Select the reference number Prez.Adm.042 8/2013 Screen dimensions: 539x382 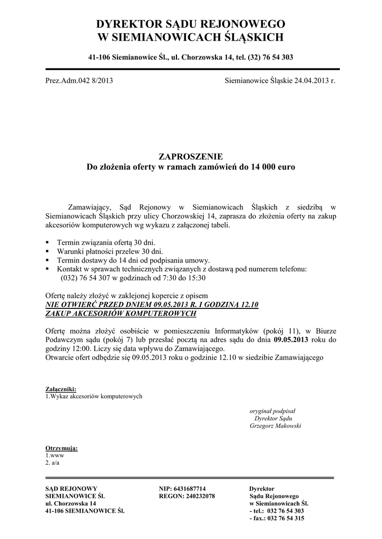click(x=79, y=81)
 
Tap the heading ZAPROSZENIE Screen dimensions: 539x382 click(x=191, y=156)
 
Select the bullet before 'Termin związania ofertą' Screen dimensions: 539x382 click(x=47, y=242)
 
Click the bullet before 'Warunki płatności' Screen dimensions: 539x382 click(x=47, y=251)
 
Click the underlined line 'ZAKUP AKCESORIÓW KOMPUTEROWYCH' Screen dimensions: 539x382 click(x=121, y=314)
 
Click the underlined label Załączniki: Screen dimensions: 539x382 click(x=61, y=389)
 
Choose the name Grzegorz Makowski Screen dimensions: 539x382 click(x=275, y=426)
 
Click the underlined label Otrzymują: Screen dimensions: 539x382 click(x=62, y=448)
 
